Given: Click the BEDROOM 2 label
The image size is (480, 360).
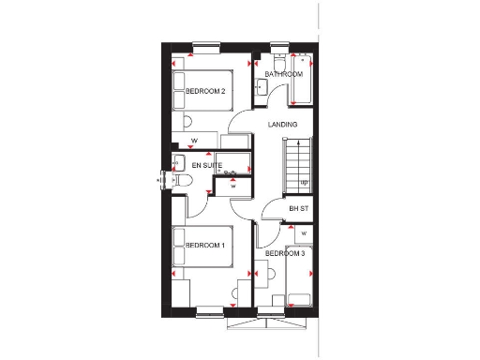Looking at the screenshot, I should point(205,91).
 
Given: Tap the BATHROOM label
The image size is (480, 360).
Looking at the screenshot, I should point(283,73).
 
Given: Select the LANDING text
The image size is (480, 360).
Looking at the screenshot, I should point(282,124).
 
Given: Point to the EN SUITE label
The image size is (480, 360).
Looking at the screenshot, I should point(206,166).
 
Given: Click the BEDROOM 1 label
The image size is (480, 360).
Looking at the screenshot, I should point(205,246).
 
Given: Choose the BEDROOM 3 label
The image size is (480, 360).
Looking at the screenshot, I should point(284,253).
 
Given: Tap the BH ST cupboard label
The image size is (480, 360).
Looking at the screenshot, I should point(298,208).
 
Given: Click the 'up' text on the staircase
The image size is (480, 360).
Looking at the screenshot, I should point(304,182).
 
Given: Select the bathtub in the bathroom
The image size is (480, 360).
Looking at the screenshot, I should point(302,80).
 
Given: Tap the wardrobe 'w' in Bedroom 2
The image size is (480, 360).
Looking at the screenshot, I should point(195,142).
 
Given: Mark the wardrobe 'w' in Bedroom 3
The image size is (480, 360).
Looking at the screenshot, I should point(304,232).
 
